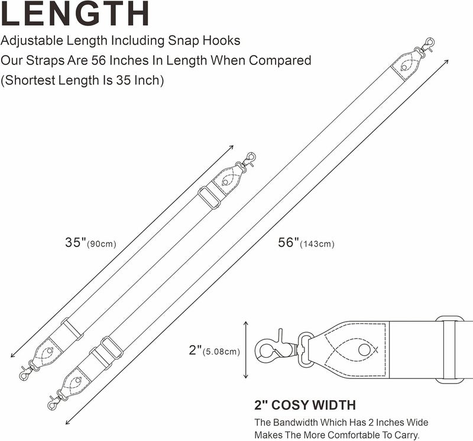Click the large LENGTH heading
pyautogui.click(x=75, y=13)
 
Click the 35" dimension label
pyautogui.click(x=76, y=242)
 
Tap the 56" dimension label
pyautogui.click(x=289, y=242)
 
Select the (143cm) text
pyautogui.click(x=317, y=244)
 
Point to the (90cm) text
pyautogui.click(x=102, y=244)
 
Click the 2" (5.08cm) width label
pyautogui.click(x=214, y=350)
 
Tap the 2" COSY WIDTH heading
pyautogui.click(x=305, y=405)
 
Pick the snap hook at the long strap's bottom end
pyautogui.click(x=57, y=400)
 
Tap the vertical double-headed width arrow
pyautogui.click(x=246, y=350)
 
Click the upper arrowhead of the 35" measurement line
pyautogui.click(x=231, y=148)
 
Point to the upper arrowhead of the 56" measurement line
pyautogui.click(x=446, y=62)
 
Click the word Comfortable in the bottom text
pyautogui.click(x=357, y=435)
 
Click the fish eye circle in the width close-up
pyautogui.click(x=364, y=350)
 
